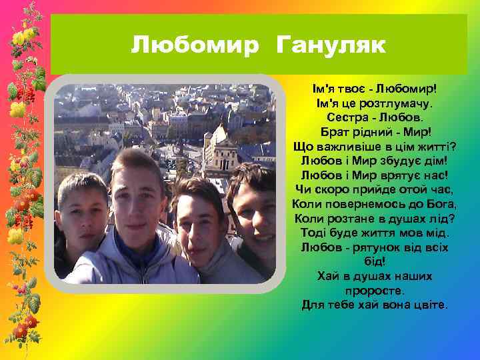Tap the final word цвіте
point(433,305)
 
